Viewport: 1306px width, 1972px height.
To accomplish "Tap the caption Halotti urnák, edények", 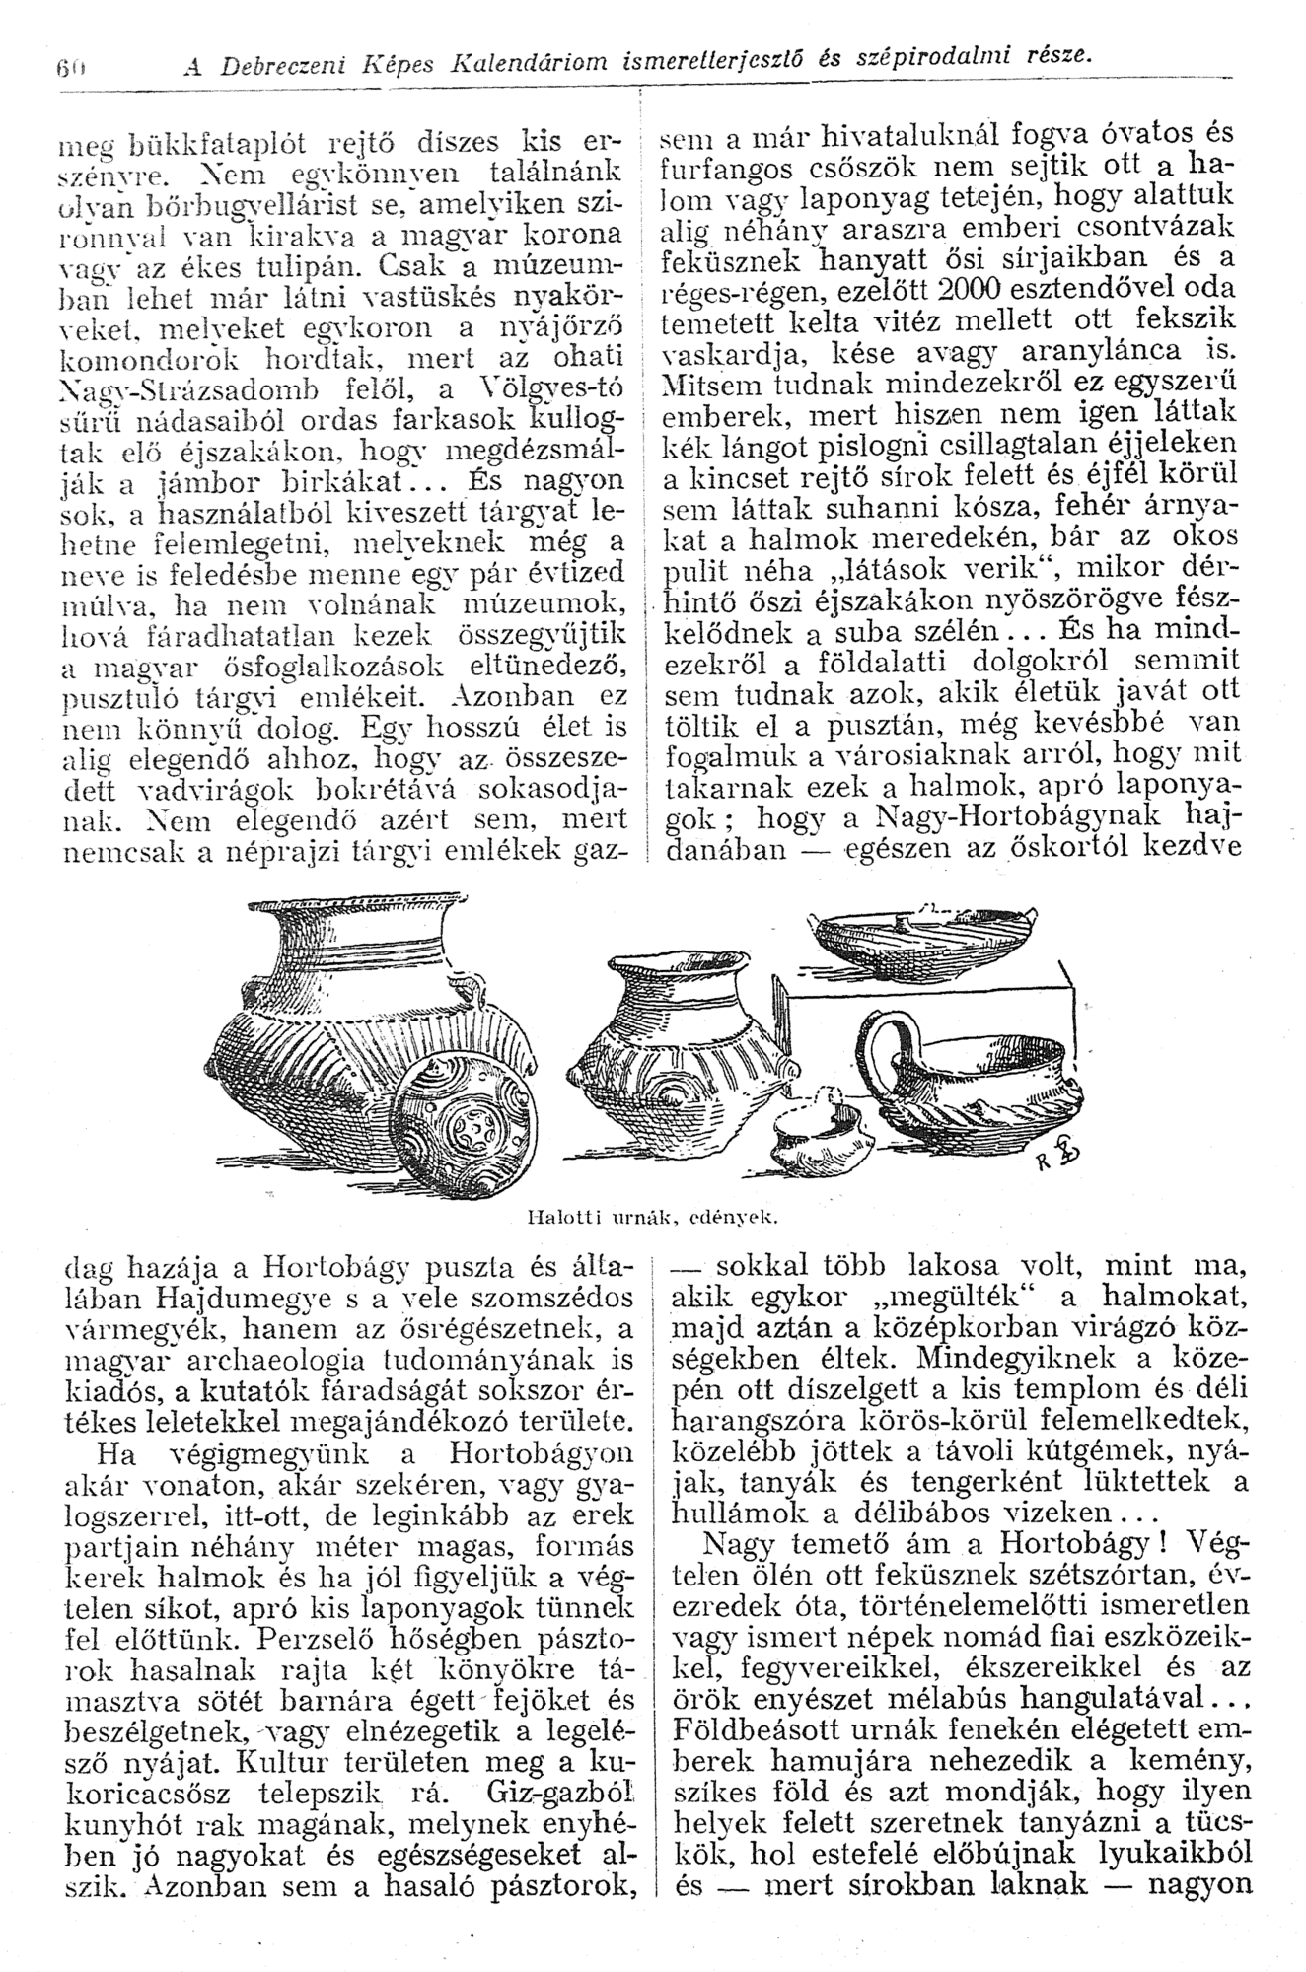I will [x=654, y=1218].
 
